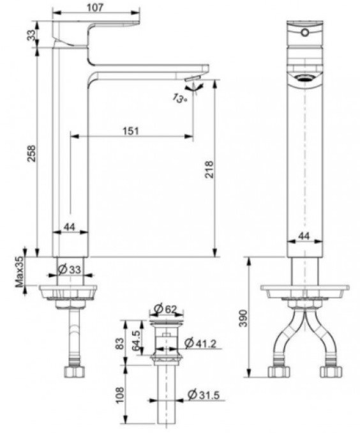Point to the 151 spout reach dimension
click(130, 130)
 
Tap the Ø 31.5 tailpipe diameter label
click(203, 397)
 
